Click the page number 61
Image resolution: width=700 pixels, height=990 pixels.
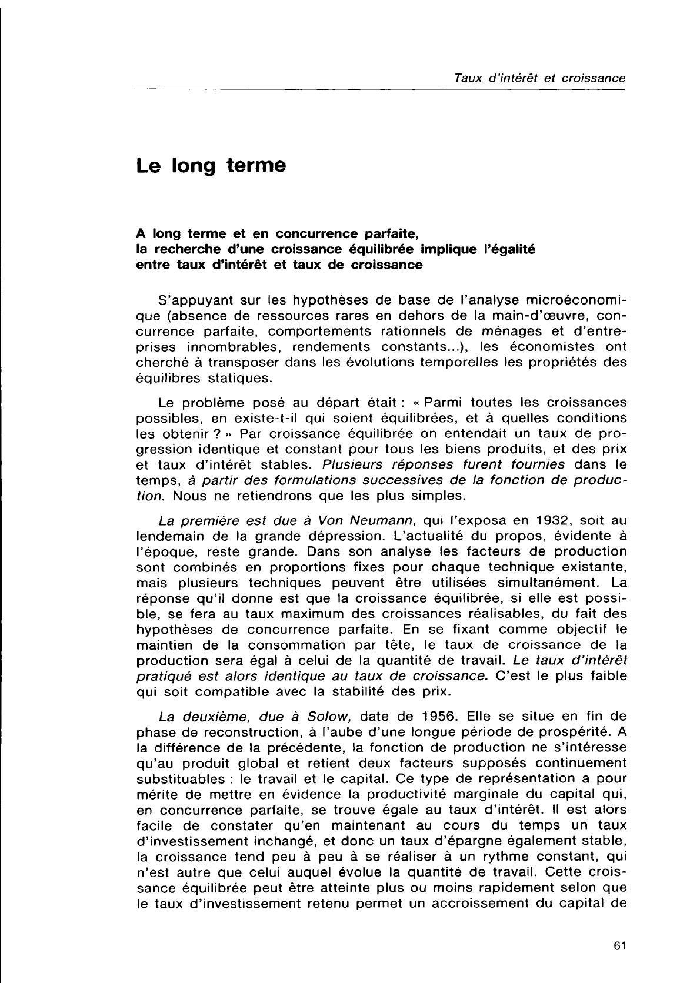(x=618, y=946)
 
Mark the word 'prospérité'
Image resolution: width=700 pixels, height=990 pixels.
(x=565, y=732)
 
